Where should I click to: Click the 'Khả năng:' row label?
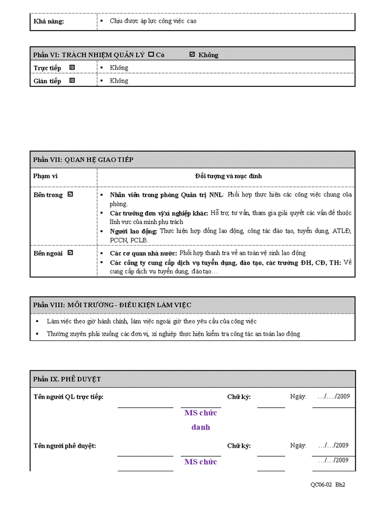click(49, 22)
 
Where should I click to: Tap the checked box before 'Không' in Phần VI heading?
click(192, 54)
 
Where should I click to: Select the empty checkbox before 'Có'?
click(151, 54)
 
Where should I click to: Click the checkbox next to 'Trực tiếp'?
click(72, 67)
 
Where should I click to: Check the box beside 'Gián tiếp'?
click(72, 80)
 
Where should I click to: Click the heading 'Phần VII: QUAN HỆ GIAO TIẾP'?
click(83, 159)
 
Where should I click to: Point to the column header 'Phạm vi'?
click(45, 176)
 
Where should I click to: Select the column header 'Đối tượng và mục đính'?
click(228, 176)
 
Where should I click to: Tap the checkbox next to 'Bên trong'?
click(70, 195)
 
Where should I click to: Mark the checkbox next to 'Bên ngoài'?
click(70, 252)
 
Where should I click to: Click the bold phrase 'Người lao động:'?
click(134, 231)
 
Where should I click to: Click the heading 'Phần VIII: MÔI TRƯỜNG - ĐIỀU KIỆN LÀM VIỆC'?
click(112, 305)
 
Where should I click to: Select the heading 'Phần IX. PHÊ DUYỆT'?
click(67, 379)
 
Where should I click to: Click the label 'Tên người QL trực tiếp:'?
click(68, 397)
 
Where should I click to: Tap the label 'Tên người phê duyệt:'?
click(65, 446)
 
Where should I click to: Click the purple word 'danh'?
click(200, 427)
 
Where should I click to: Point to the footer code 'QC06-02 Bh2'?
click(328, 484)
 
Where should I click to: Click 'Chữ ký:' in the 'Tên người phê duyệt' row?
click(239, 446)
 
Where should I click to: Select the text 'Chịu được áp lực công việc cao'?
click(153, 22)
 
